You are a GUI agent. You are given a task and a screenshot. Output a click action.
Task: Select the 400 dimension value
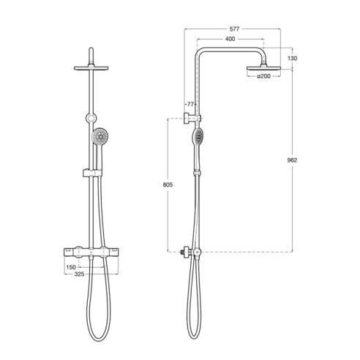(231, 38)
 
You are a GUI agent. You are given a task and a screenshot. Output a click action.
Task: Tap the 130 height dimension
(293, 58)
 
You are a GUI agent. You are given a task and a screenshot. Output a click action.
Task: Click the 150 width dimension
(71, 268)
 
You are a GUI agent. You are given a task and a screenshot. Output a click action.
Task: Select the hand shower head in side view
(198, 137)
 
